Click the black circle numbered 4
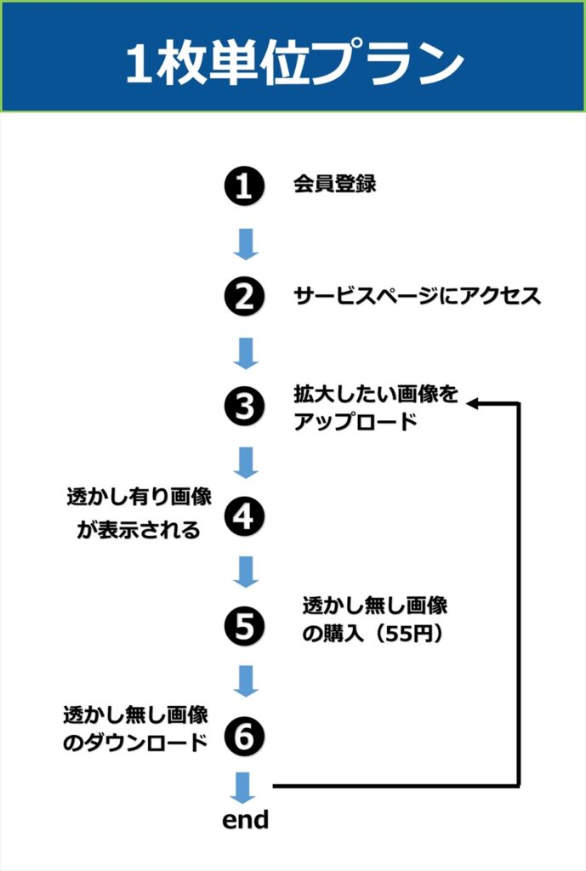click(245, 517)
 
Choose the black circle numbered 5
click(245, 627)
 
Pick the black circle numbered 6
click(245, 737)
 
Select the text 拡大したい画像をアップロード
click(375, 408)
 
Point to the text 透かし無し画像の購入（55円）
click(375, 620)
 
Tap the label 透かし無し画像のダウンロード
click(136, 727)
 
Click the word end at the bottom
click(245, 820)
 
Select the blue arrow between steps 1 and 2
click(245, 242)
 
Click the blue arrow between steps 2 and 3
click(245, 352)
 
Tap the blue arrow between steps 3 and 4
click(245, 462)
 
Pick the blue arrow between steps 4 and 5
click(245, 572)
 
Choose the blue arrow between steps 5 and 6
click(245, 681)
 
